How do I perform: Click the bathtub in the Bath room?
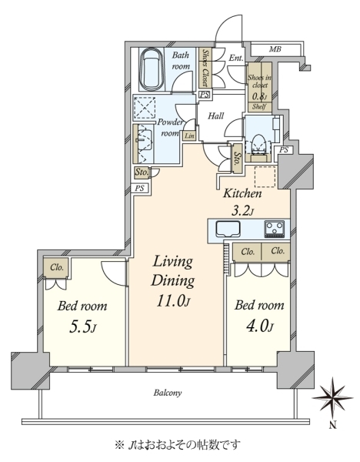[x=152, y=70]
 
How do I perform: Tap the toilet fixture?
[x=259, y=144]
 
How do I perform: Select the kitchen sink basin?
[x=228, y=229]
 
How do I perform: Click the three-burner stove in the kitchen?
[x=275, y=229]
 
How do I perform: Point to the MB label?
[x=275, y=49]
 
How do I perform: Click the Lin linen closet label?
[x=189, y=136]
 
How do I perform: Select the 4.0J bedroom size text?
[x=259, y=326]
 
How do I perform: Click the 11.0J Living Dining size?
[x=174, y=301]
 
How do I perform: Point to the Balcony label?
[x=168, y=393]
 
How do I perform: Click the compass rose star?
[x=332, y=398]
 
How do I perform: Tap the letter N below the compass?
[x=332, y=425]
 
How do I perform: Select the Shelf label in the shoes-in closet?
[x=259, y=107]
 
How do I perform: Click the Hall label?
[x=215, y=115]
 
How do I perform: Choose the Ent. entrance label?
[x=236, y=58]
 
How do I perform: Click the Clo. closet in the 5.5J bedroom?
[x=57, y=267]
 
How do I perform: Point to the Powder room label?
[x=169, y=128]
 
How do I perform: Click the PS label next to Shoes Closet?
[x=205, y=95]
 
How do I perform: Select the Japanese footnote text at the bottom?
[x=178, y=444]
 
